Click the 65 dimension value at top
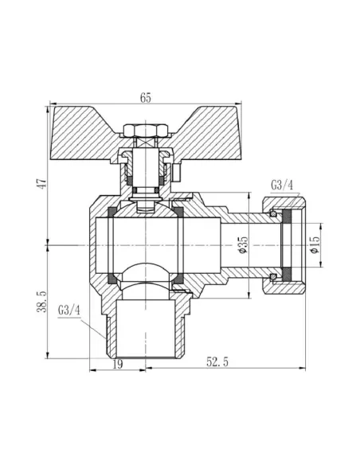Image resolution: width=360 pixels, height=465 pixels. [x=146, y=98]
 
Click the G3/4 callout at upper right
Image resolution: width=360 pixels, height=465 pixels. [x=281, y=186]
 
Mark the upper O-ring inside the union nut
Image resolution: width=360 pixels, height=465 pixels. [x=276, y=213]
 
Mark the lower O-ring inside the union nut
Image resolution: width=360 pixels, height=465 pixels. [x=276, y=275]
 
